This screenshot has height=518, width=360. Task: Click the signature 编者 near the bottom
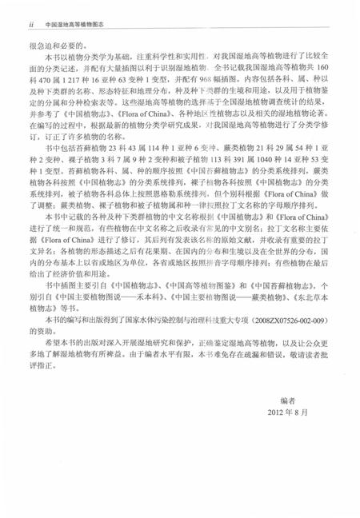[288, 442]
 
